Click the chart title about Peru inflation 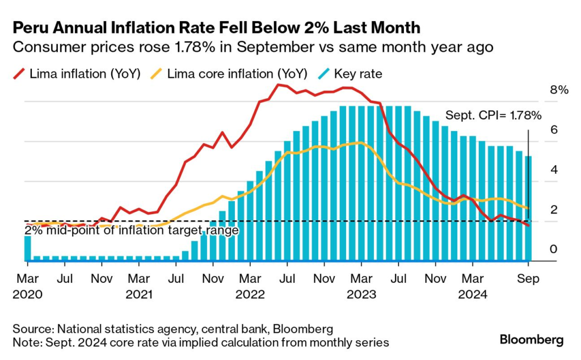[216, 27]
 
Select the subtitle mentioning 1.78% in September [252, 47]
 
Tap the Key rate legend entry [352, 73]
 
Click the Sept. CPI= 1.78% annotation [493, 115]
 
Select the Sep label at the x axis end [528, 279]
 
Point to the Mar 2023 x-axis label [361, 287]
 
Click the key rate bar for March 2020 [27, 248]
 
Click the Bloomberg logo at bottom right [532, 340]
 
